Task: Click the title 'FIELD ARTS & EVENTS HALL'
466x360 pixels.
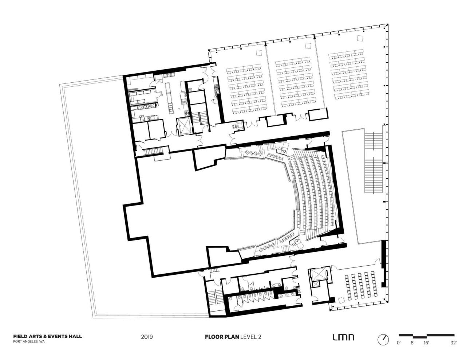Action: pos(47,336)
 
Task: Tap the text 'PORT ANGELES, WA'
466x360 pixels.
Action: pos(29,342)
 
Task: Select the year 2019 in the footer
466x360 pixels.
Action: pos(147,337)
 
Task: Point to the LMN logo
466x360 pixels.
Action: pos(343,337)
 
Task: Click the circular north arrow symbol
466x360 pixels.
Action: pos(383,340)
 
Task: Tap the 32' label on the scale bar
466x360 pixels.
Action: pos(453,343)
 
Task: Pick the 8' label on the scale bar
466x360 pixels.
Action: pos(412,343)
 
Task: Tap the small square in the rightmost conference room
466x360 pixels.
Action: pos(360,38)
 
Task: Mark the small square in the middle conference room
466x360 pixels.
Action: pos(308,45)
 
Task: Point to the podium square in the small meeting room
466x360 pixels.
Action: pos(341,300)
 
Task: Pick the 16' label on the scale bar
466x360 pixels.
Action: pos(426,343)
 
